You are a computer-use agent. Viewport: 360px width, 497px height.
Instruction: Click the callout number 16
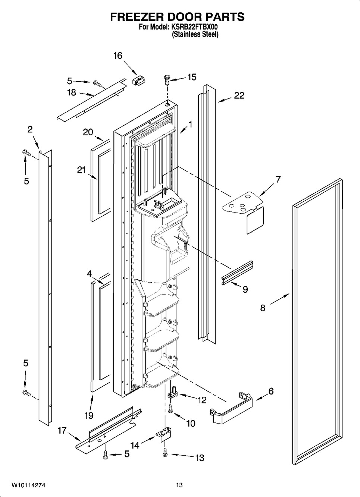coord(118,56)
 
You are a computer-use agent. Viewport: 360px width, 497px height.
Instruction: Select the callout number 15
coord(192,77)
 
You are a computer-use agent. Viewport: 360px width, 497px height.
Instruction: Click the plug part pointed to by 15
coord(166,78)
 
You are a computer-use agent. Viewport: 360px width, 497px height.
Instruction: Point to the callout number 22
coord(239,95)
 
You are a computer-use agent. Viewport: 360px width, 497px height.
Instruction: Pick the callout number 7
coord(278,179)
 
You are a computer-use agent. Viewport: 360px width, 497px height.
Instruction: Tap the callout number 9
coord(245,289)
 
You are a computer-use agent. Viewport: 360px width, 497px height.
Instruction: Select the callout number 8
coord(263,308)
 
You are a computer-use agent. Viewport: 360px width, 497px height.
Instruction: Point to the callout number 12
coord(202,400)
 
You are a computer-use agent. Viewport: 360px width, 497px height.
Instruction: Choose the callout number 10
coord(190,423)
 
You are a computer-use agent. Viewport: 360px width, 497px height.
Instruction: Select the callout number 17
coord(62,431)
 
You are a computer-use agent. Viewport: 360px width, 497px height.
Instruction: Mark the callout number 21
coord(81,170)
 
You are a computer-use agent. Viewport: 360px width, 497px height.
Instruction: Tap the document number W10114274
coord(30,485)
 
